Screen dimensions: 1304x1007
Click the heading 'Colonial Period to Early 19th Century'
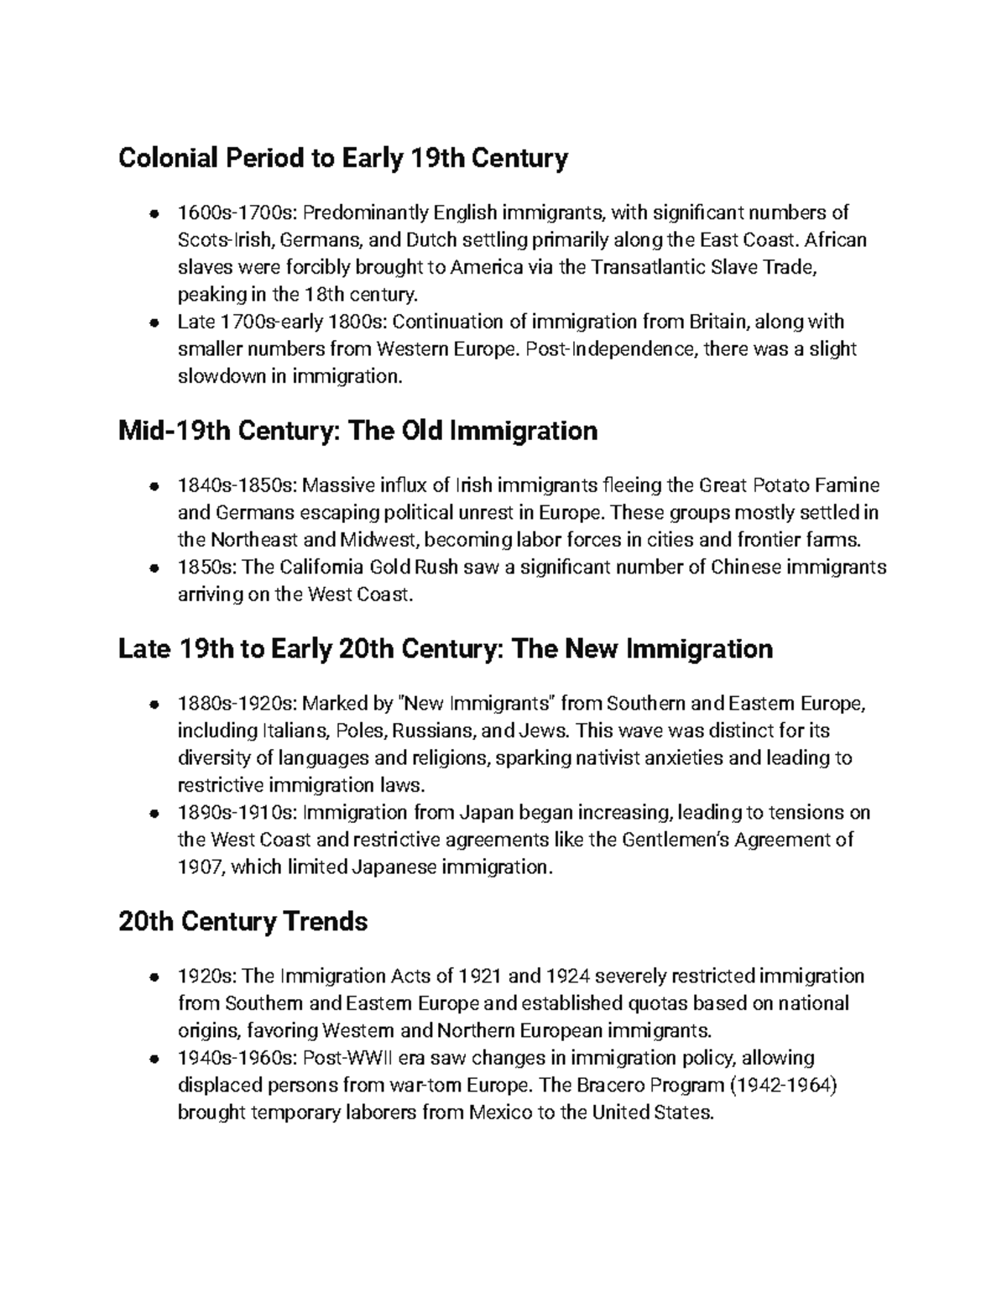(343, 158)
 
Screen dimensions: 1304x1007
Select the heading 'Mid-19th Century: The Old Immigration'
(357, 431)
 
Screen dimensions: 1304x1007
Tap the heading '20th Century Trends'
(243, 922)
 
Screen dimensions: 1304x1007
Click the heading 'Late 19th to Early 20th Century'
(445, 649)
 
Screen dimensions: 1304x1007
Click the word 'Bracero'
(605, 1086)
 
